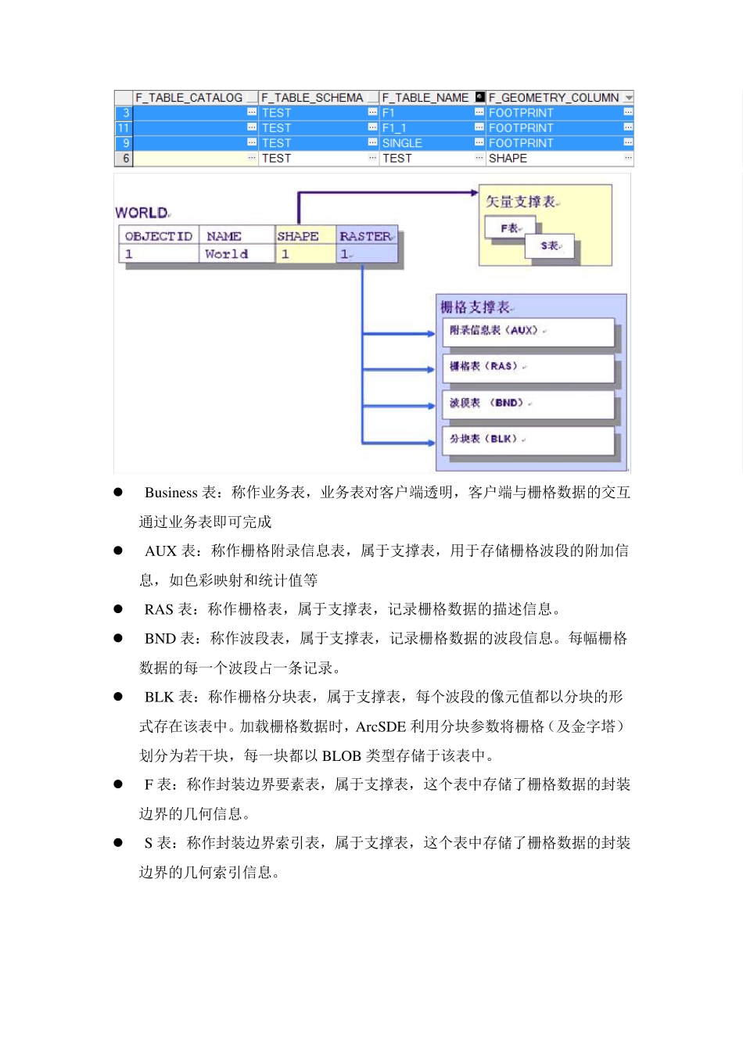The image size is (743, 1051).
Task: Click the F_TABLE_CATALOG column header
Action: (x=188, y=98)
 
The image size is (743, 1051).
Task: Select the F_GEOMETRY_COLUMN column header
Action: (x=554, y=98)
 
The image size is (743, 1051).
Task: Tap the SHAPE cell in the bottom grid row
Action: (x=508, y=159)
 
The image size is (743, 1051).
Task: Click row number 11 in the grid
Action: (x=124, y=128)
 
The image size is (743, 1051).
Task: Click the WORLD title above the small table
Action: (x=142, y=213)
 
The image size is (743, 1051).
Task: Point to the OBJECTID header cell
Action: (x=159, y=236)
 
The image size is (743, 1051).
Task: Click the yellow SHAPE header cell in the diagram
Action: (x=298, y=236)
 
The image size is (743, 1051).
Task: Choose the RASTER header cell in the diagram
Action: (x=365, y=236)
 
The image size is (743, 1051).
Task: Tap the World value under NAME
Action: (x=226, y=254)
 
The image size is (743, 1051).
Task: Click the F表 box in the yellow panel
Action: (x=510, y=228)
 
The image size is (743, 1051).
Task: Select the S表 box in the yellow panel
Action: (x=551, y=246)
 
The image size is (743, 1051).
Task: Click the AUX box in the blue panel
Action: (x=528, y=331)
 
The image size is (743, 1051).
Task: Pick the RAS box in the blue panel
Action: (x=528, y=367)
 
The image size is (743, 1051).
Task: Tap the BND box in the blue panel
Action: (x=528, y=404)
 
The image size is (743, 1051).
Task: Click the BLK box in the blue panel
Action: (x=528, y=439)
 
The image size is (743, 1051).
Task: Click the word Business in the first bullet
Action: (x=170, y=493)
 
